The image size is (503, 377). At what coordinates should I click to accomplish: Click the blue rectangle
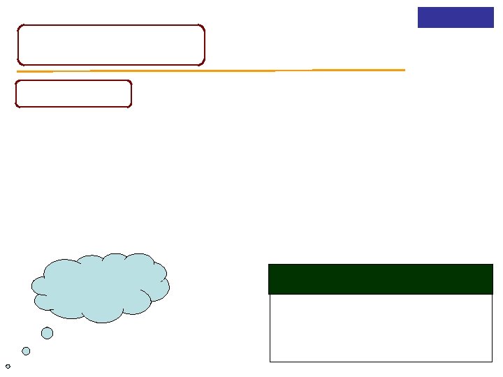point(455,17)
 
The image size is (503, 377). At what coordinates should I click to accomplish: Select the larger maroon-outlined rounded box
point(111,45)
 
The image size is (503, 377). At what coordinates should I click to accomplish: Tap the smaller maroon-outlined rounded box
point(73,94)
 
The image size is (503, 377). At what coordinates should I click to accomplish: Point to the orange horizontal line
point(210,71)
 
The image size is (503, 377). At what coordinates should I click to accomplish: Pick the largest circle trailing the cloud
point(47,333)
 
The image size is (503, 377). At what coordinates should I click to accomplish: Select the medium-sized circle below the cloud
point(26,351)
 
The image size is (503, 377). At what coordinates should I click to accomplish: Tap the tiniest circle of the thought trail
point(8,366)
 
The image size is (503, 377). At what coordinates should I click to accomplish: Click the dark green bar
point(380,279)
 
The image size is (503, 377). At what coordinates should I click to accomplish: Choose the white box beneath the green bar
point(380,327)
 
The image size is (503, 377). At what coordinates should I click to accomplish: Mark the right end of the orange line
point(404,70)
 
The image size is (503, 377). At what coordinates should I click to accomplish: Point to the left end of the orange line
point(17,72)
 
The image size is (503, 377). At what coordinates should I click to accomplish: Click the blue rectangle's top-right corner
point(493,8)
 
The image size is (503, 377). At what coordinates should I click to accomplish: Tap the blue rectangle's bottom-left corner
point(418,27)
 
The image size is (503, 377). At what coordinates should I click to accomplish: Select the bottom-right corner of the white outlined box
point(492,362)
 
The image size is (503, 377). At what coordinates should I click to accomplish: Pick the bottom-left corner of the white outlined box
point(270,362)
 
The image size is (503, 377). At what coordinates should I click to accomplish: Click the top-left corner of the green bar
point(269,265)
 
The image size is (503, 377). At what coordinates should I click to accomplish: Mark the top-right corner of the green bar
point(493,265)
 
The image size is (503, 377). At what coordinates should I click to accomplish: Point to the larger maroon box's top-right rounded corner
point(203,27)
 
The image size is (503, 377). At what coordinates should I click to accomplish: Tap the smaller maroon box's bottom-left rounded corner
point(17,105)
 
